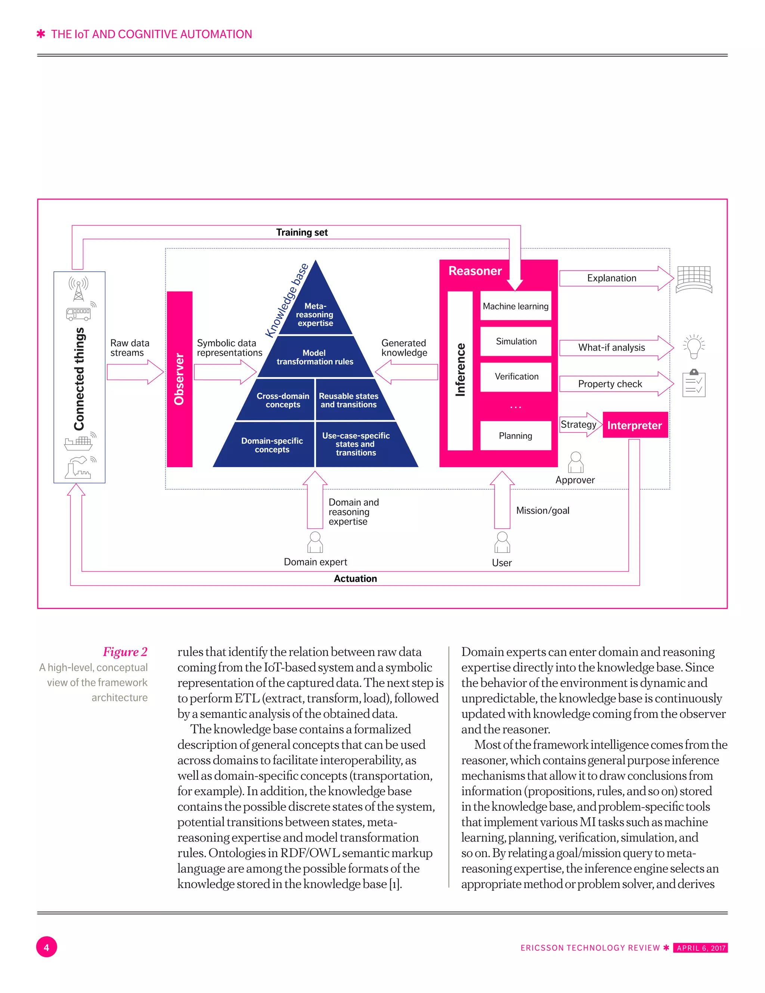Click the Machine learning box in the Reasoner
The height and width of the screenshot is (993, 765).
(515, 306)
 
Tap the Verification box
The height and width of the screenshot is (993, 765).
(515, 376)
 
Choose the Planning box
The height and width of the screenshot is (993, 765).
(515, 435)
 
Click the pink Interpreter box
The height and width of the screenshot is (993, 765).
(635, 425)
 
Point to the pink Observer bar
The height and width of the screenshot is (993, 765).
(180, 379)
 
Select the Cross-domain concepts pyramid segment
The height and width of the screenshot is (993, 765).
(282, 400)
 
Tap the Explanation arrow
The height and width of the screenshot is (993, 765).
(614, 278)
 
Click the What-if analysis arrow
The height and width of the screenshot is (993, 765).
(614, 347)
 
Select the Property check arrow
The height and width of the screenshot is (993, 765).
(614, 384)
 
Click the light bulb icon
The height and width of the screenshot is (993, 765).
(694, 346)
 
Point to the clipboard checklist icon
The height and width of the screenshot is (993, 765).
(694, 383)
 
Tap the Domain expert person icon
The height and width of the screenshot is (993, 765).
(315, 542)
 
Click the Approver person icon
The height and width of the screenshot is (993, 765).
(576, 462)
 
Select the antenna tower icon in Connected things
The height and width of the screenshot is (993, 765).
(79, 288)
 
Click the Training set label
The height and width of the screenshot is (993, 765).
(302, 232)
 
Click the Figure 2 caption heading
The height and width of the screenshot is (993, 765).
(125, 651)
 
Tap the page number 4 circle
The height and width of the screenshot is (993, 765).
(46, 947)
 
